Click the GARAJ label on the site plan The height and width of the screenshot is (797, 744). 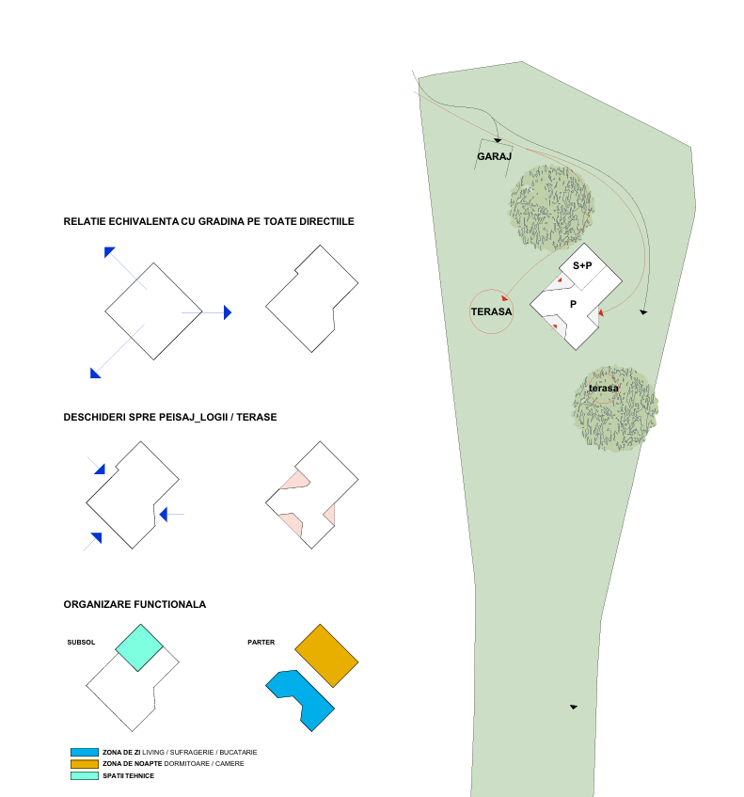(494, 156)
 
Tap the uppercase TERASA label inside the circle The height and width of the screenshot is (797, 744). (491, 311)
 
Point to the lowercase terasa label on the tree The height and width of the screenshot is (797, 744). (604, 389)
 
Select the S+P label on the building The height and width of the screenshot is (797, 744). (582, 265)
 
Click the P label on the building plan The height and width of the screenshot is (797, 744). (573, 304)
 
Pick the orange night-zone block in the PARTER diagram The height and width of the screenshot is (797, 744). (326, 656)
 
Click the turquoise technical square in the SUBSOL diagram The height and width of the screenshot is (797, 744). (139, 648)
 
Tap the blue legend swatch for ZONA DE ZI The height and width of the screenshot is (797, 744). (85, 752)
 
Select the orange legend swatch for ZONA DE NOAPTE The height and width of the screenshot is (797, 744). (85, 764)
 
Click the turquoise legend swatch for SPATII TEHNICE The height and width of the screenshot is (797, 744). (85, 775)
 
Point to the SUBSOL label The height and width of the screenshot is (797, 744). (81, 643)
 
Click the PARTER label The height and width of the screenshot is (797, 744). (261, 643)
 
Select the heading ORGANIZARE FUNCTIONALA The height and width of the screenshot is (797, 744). (135, 604)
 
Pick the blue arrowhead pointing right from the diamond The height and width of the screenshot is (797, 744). (228, 312)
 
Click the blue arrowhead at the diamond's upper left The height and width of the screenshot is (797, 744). (109, 251)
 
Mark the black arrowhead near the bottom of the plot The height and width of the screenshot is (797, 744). (574, 707)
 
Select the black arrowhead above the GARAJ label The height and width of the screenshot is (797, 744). (498, 140)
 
